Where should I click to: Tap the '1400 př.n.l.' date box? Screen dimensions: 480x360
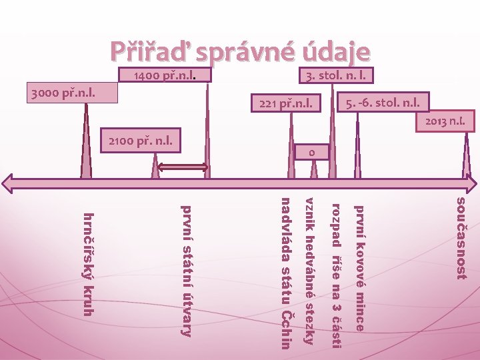(x=164, y=75)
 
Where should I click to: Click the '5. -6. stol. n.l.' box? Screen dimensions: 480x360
(x=383, y=103)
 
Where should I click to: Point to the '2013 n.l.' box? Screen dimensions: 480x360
(x=445, y=122)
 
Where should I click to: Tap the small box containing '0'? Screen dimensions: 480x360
(x=311, y=153)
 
